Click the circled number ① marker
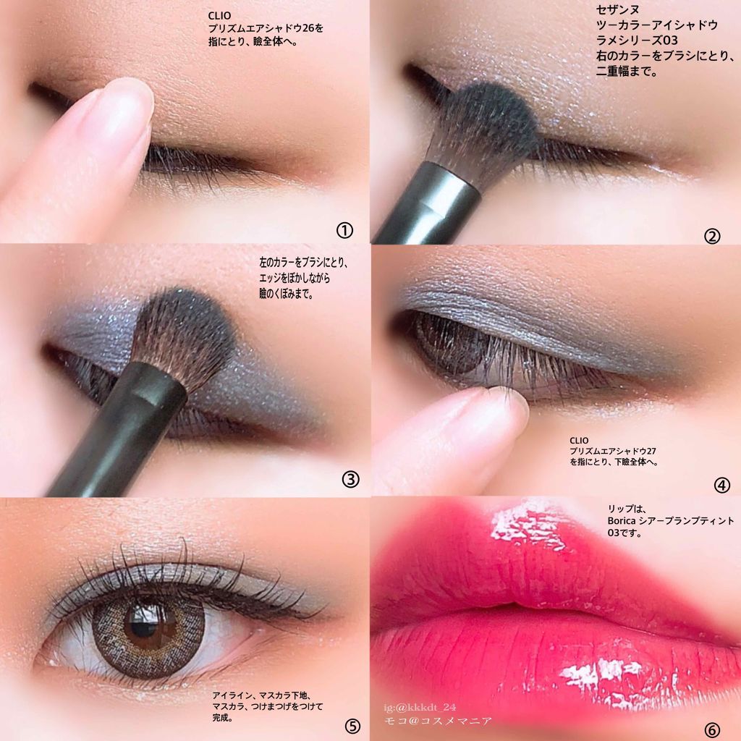coord(344,231)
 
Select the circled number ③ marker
coord(350,480)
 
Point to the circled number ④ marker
coord(721,486)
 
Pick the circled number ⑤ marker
coord(352,726)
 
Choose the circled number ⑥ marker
coord(712,730)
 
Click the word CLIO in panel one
coord(220,16)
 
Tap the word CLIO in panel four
coord(579,441)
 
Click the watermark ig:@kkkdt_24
coord(420,708)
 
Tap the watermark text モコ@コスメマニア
coord(438,721)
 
